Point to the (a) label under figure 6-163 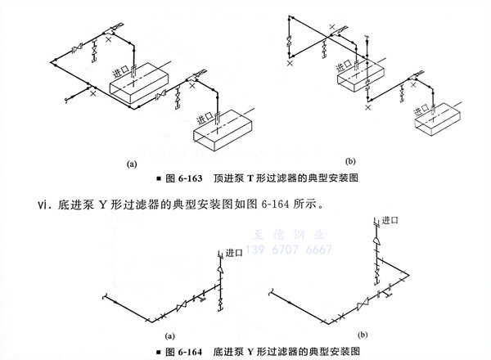(x=130, y=164)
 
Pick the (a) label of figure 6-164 (x=171, y=336)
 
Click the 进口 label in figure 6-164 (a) (x=235, y=254)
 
